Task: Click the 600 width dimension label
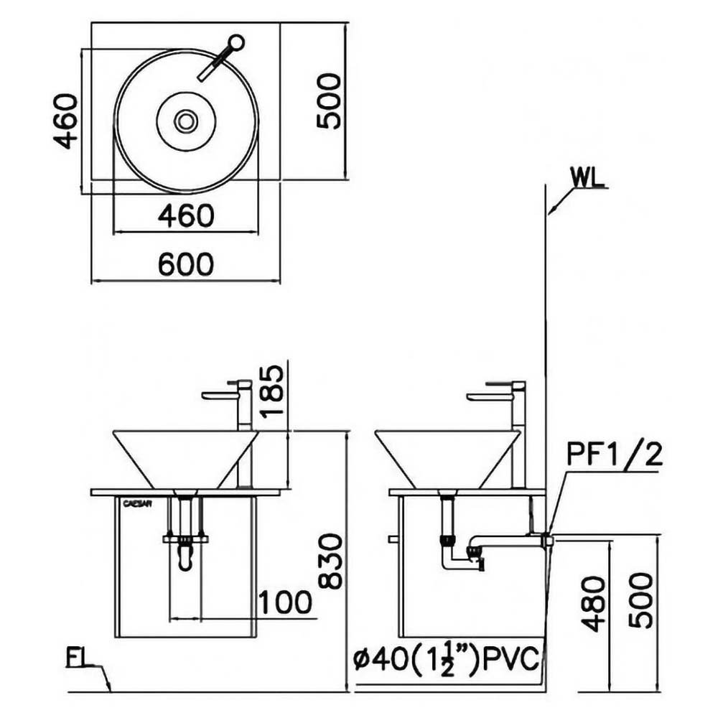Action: (186, 264)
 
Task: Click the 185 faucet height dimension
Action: (271, 389)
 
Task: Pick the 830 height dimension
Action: (330, 561)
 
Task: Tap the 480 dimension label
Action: (594, 604)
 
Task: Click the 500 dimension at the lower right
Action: (640, 600)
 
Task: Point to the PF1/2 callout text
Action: (615, 454)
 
